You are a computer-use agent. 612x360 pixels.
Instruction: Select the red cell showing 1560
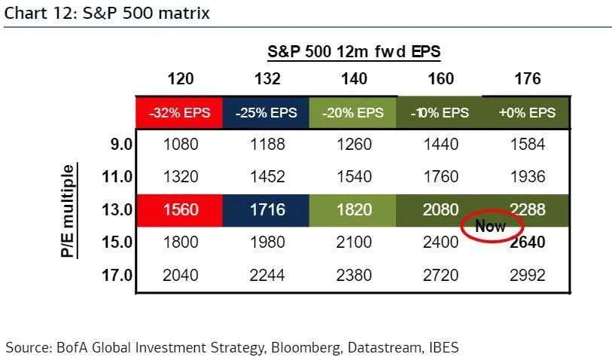click(x=181, y=209)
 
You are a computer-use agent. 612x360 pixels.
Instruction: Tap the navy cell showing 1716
click(x=267, y=209)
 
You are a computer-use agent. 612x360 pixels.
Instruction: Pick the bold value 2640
click(x=527, y=243)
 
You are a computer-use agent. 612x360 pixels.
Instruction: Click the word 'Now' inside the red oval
click(x=490, y=226)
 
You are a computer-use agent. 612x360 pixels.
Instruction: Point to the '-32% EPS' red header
click(x=181, y=113)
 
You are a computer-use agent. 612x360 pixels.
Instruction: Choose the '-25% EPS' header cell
click(x=267, y=113)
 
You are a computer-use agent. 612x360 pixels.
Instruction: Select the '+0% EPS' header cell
click(x=527, y=113)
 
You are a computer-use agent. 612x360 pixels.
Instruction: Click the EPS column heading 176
click(x=527, y=79)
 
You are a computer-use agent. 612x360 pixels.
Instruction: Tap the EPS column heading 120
click(x=181, y=79)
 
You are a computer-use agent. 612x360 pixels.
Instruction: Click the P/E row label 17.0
click(x=117, y=276)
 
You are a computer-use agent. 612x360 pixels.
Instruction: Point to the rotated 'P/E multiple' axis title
click(x=69, y=211)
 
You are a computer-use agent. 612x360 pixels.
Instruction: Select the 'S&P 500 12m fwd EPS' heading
click(x=354, y=51)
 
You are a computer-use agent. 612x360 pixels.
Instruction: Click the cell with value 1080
click(x=181, y=145)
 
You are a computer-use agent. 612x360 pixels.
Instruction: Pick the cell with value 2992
click(x=527, y=276)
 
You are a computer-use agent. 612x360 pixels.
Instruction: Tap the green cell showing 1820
click(x=354, y=209)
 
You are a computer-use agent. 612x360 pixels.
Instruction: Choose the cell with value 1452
click(x=267, y=177)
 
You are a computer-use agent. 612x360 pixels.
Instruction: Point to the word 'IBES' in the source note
click(x=443, y=347)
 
